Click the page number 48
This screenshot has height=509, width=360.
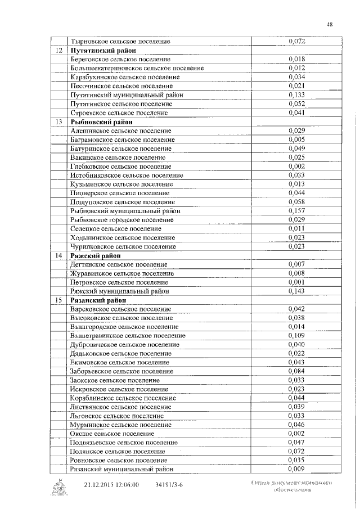coord(330,24)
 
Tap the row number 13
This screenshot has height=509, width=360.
coord(58,121)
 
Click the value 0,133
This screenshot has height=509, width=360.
coord(296,95)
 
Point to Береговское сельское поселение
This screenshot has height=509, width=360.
coord(121,60)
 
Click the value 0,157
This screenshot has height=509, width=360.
coord(296,211)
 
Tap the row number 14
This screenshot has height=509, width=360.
coord(58,255)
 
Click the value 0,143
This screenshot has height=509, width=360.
coord(296,291)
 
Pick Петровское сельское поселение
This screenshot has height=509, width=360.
coord(119,282)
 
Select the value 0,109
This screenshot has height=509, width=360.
coord(296,336)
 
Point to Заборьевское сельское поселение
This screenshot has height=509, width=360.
coord(121,371)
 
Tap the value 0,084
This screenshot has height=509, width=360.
coord(296,371)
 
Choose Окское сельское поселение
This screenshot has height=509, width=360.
coord(112,434)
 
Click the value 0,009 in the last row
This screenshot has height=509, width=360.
coord(296,469)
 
